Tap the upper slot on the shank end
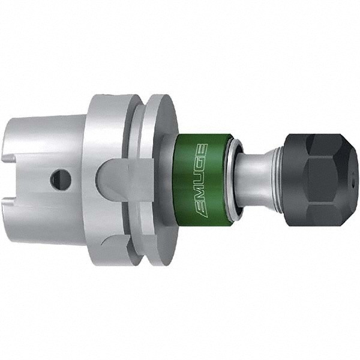pos(9,158)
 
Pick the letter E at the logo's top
pos(202,151)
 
